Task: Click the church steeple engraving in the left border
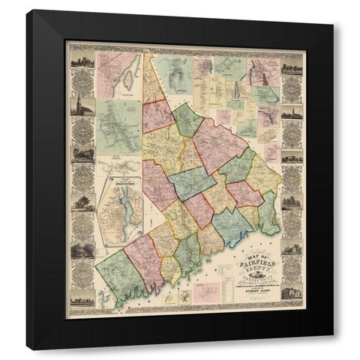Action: (x=82, y=106)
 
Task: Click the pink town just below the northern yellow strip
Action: (x=159, y=115)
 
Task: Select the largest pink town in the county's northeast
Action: (x=219, y=142)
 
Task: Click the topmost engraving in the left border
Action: (x=82, y=58)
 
